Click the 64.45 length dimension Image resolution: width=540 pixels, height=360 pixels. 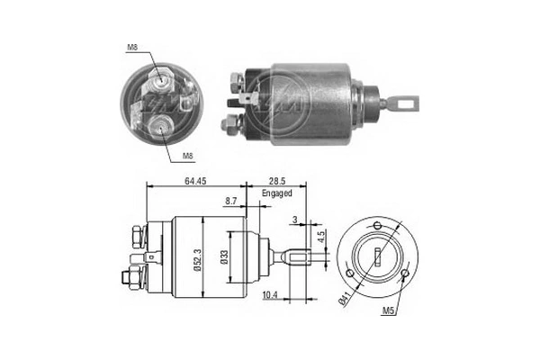[197, 182]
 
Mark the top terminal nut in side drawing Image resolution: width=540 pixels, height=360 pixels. [138, 237]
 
